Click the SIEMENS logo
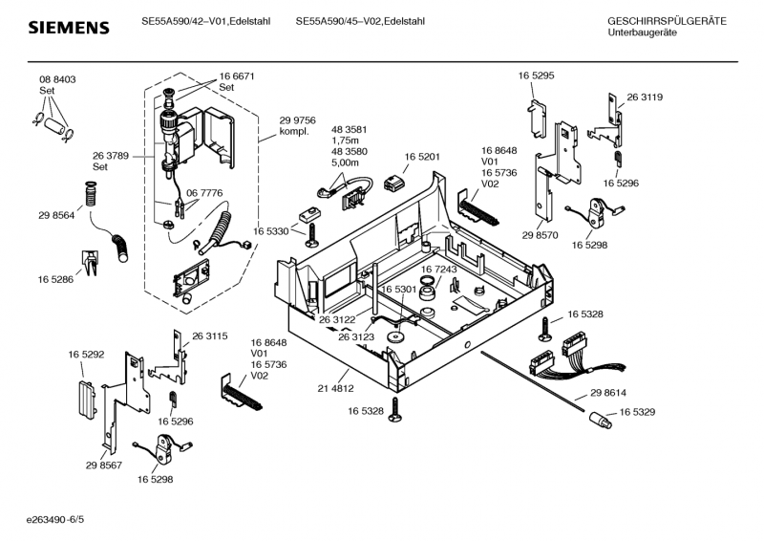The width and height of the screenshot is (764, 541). (59, 28)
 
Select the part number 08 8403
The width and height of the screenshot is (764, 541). (57, 79)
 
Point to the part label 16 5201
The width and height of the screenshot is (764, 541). (422, 157)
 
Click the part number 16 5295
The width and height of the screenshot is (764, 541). (536, 75)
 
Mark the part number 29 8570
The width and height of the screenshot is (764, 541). (540, 235)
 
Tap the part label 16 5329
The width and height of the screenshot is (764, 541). (637, 412)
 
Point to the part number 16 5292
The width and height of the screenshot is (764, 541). (86, 355)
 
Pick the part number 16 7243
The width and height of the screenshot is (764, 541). (439, 270)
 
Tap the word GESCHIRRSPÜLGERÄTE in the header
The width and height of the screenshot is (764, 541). (667, 21)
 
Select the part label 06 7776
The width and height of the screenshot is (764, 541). (204, 193)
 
